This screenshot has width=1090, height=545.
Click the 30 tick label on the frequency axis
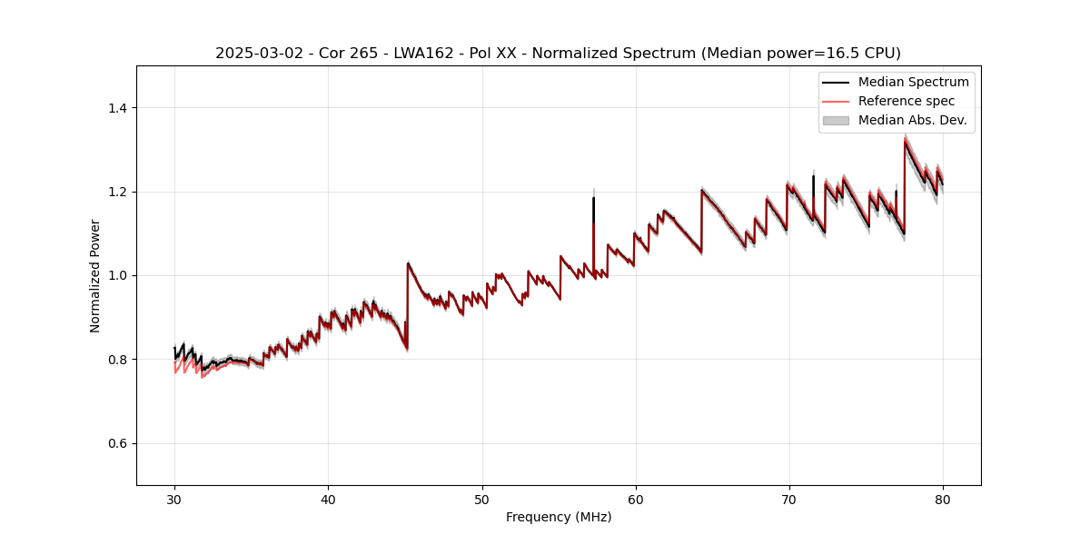(174, 499)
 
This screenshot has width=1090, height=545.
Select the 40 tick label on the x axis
(328, 499)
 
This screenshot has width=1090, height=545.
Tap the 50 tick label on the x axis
(481, 499)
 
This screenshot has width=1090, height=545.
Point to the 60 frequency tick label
(635, 499)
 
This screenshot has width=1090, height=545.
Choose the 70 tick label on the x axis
(788, 499)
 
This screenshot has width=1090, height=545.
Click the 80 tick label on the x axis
(942, 499)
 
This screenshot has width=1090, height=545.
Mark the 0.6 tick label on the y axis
(117, 443)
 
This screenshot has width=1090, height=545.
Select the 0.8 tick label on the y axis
(117, 360)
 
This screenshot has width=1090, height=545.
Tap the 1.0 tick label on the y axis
(117, 275)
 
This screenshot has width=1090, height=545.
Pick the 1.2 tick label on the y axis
(117, 192)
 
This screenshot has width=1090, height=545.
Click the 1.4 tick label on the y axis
(117, 108)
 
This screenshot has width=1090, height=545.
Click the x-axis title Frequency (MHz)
(559, 517)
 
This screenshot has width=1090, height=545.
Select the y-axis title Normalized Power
(95, 275)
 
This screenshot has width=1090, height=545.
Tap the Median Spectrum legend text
(913, 82)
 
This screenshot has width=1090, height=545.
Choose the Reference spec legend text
(907, 101)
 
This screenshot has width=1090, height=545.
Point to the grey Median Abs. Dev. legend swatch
(835, 120)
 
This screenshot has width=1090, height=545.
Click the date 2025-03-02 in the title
(255, 54)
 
